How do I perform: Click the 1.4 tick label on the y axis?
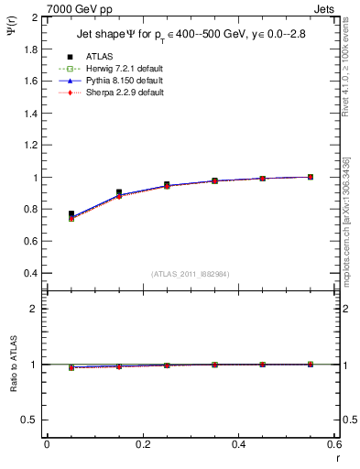pyautogui.click(x=31, y=114)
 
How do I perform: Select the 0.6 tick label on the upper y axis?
pyautogui.click(x=31, y=242)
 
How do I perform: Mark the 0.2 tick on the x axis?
pyautogui.click(x=142, y=444)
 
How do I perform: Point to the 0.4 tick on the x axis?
pyautogui.click(x=238, y=444)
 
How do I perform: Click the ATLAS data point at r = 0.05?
pyautogui.click(x=71, y=213)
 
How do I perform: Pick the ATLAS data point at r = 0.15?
pyautogui.click(x=119, y=192)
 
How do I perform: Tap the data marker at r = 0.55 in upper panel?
pyautogui.click(x=311, y=177)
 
